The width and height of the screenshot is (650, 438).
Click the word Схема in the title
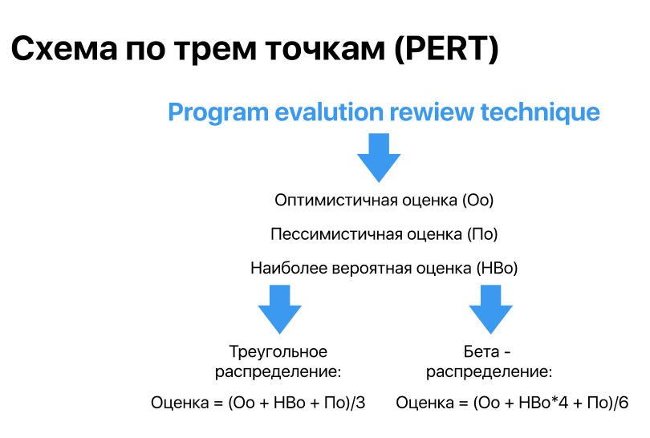pyautogui.click(x=65, y=49)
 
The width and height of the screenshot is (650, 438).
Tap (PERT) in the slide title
pyautogui.click(x=446, y=50)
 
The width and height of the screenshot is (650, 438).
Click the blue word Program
pyautogui.click(x=218, y=113)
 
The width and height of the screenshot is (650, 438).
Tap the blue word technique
pyautogui.click(x=540, y=113)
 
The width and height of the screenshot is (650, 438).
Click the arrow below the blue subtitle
pyautogui.click(x=379, y=157)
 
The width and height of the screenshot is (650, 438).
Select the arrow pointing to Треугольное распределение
pyautogui.click(x=280, y=309)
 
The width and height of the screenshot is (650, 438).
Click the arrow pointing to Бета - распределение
pyautogui.click(x=491, y=309)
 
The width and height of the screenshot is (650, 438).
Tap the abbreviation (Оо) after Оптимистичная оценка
pyautogui.click(x=478, y=200)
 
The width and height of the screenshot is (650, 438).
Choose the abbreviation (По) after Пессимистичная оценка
pyautogui.click(x=482, y=234)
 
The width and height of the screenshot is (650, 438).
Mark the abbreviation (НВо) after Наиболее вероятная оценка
pyautogui.click(x=497, y=269)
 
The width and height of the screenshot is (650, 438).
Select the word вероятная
pyautogui.click(x=372, y=269)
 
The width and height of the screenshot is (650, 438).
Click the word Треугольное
pyautogui.click(x=278, y=352)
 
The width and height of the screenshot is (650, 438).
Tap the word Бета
pyautogui.click(x=481, y=352)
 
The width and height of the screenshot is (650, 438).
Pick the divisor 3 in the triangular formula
pyautogui.click(x=360, y=403)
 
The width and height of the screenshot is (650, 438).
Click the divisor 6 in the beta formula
pyautogui.click(x=624, y=403)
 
